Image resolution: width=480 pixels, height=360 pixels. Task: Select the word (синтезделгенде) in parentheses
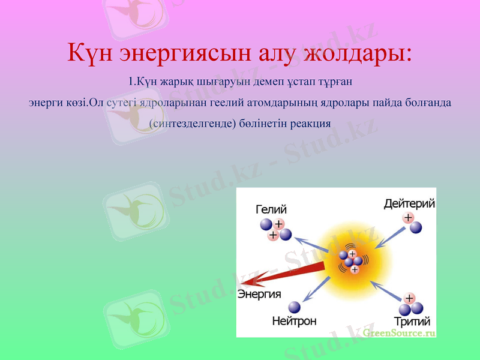tap(191, 124)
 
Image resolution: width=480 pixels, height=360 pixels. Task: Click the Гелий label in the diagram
tap(271, 209)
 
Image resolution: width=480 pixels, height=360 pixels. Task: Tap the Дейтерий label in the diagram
tap(409, 204)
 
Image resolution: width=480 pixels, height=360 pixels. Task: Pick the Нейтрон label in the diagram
tap(294, 321)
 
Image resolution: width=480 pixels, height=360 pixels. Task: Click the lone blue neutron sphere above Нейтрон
tap(294, 307)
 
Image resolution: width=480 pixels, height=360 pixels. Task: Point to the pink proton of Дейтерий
tap(408, 218)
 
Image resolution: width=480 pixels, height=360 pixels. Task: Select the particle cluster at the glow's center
tap(350, 262)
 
